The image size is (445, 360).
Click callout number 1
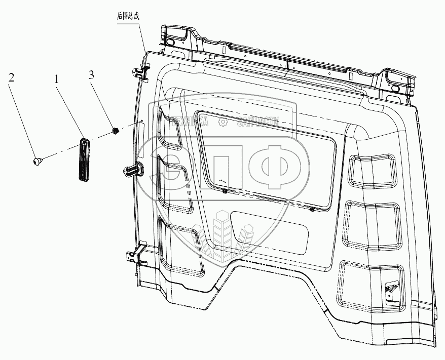(57, 79)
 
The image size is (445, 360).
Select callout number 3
(91, 75)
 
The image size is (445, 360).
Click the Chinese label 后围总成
(127, 16)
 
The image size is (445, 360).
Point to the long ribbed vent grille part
(83, 156)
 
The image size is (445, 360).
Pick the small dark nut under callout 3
(115, 132)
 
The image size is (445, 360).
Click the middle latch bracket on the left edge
(131, 170)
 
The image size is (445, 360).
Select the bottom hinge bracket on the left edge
(136, 255)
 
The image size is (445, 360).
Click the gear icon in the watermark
(222, 123)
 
